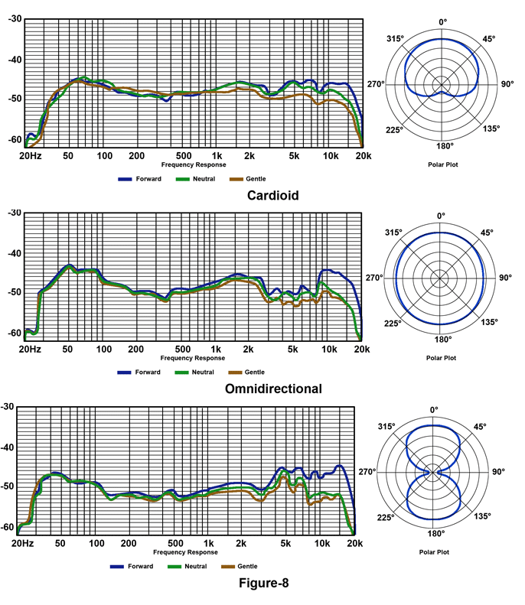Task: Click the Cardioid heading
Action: coord(272,195)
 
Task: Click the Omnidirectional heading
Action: coord(273,389)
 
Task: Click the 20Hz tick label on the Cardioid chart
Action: coord(30,155)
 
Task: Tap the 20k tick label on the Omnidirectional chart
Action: coord(362,350)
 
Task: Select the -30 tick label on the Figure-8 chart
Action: coord(9,406)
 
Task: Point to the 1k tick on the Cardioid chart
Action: coord(217,155)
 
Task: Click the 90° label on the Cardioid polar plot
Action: coord(507,84)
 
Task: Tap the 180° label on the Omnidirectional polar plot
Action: coord(443,339)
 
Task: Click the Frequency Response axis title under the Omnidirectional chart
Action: coord(193,357)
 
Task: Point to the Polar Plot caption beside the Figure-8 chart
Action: coord(435,551)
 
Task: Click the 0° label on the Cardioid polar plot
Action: coord(441,22)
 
